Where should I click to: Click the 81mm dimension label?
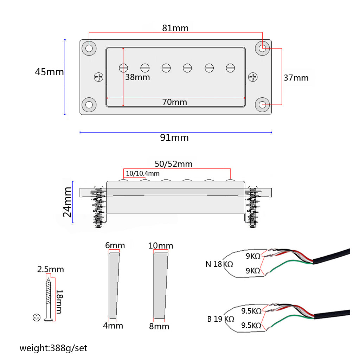click(x=175, y=28)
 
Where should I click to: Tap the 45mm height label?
click(x=49, y=72)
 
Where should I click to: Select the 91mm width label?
click(x=174, y=138)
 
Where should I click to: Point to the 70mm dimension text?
click(x=175, y=102)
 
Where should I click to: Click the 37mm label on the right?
click(x=296, y=78)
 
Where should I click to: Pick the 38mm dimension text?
click(x=137, y=77)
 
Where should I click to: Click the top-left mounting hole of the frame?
click(x=89, y=48)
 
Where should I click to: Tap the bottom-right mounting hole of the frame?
click(x=263, y=104)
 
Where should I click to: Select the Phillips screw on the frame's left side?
click(x=99, y=77)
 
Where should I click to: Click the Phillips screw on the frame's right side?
click(x=253, y=77)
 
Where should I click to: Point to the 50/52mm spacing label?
click(x=174, y=164)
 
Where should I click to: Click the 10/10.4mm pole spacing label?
click(x=143, y=174)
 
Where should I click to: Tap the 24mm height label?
click(x=67, y=202)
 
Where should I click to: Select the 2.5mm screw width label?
click(x=51, y=270)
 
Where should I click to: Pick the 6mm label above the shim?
click(x=115, y=245)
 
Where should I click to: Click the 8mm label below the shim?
click(x=159, y=326)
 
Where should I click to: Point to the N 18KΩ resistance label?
click(x=219, y=264)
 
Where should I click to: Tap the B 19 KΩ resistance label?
click(x=220, y=319)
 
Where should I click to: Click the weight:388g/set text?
click(x=53, y=348)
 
